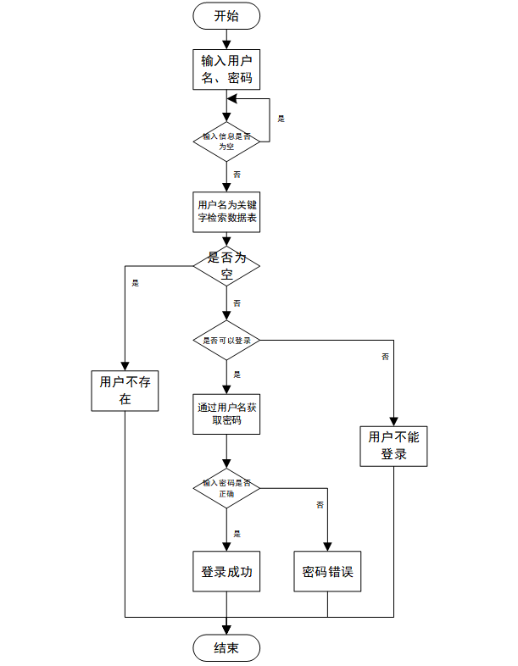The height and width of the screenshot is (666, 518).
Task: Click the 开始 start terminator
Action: [x=226, y=15]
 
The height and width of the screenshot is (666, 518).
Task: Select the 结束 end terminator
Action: [x=226, y=648]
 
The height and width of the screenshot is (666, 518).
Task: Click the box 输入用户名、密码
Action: [x=226, y=69]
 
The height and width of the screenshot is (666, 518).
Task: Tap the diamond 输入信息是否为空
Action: [x=226, y=141]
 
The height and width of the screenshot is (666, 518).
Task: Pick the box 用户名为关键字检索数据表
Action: [x=226, y=212]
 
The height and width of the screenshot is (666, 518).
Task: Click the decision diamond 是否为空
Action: [x=226, y=266]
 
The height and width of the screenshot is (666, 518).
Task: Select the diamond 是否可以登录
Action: [x=226, y=340]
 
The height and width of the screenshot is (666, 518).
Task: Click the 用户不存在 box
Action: [x=125, y=391]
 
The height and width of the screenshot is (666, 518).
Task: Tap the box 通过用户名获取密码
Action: [x=226, y=413]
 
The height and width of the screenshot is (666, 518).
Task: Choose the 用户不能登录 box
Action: [x=393, y=445]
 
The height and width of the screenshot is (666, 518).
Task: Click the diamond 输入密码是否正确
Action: [x=226, y=487]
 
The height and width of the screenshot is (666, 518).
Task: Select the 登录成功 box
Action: [x=226, y=572]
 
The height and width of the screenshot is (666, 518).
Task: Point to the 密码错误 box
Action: [x=327, y=572]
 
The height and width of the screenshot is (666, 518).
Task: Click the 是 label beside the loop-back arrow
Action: [x=281, y=119]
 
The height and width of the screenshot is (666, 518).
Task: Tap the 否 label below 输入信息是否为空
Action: [x=237, y=174]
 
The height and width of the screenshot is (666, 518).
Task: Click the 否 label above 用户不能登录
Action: [x=385, y=357]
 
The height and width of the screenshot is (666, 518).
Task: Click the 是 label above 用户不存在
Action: [x=135, y=283]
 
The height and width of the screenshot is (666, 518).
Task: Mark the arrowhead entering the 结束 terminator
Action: [x=226, y=629]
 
